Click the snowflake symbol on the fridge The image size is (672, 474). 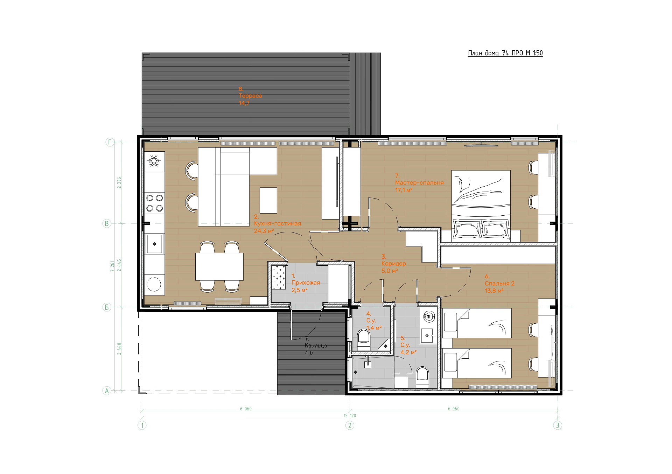click(x=154, y=161)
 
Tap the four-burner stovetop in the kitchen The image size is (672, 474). click(x=155, y=203)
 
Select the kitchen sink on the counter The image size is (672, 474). click(x=154, y=244)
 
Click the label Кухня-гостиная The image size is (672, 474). click(x=278, y=224)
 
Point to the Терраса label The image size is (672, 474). click(x=250, y=96)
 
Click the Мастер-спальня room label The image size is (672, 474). click(x=419, y=183)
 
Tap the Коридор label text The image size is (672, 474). click(x=394, y=264)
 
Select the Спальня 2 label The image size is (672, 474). click(x=499, y=283)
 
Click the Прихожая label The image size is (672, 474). click(x=306, y=283)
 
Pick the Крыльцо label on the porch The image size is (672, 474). click(x=316, y=346)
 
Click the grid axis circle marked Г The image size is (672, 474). click(x=110, y=142)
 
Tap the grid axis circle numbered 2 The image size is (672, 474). click(x=350, y=425)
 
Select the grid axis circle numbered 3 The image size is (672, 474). click(x=558, y=425)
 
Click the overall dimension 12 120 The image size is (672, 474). click(x=350, y=416)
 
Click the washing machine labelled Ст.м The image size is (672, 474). click(x=429, y=317)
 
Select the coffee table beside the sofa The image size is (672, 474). click(x=268, y=200)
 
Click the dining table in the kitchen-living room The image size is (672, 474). click(x=219, y=266)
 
